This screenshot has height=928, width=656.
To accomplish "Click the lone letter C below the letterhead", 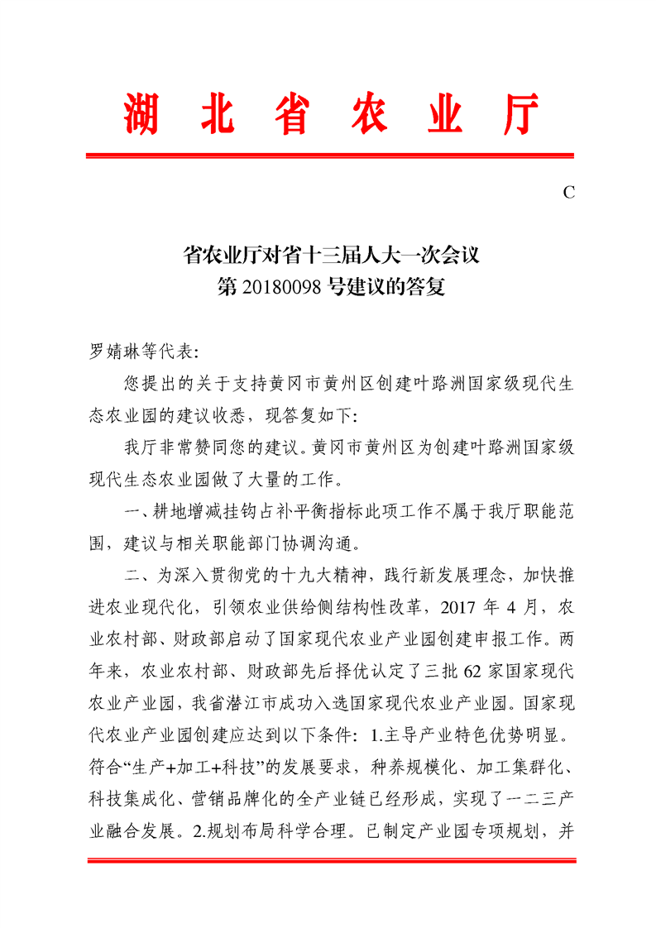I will [568, 193].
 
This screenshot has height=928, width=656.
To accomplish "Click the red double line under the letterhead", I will [331, 155].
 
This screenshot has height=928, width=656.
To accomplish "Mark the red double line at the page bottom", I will [331, 861].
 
